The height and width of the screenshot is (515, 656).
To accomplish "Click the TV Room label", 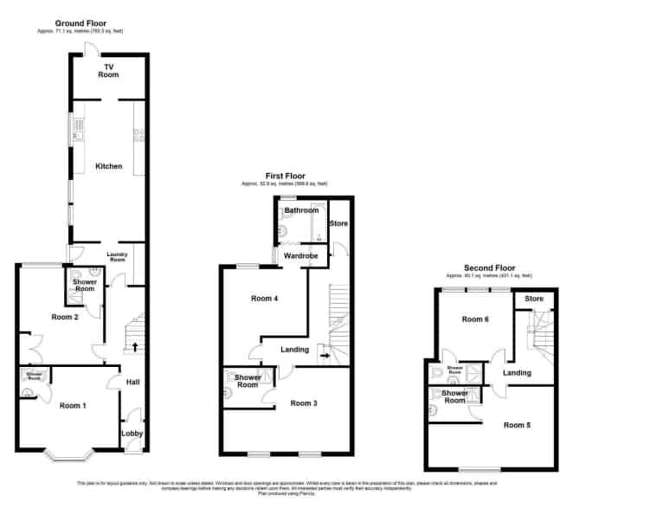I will tap(109, 71).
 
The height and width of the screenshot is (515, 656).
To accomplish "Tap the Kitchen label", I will tap(109, 166).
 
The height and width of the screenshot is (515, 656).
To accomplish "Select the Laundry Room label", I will tap(117, 257).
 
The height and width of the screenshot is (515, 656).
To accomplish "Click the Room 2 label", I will tap(65, 317).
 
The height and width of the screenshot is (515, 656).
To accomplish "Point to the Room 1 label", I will tap(73, 405).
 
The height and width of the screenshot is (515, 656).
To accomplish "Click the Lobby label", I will tap(132, 434).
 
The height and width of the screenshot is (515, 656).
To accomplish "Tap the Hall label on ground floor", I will tap(132, 382).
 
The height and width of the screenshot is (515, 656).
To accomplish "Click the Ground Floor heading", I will tap(80, 23).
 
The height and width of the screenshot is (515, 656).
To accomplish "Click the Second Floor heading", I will tap(489, 268).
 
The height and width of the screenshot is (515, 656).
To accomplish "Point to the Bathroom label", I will tap(303, 210).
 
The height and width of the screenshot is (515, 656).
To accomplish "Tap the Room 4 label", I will tap(265, 299).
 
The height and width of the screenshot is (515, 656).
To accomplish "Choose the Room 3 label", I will tap(304, 403).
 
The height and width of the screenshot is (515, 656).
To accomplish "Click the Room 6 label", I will tap(475, 319).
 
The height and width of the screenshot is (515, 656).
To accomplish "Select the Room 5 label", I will tap(518, 425).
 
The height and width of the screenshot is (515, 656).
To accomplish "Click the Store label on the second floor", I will tap(534, 299).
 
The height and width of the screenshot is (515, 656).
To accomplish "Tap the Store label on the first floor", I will tap(338, 224).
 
